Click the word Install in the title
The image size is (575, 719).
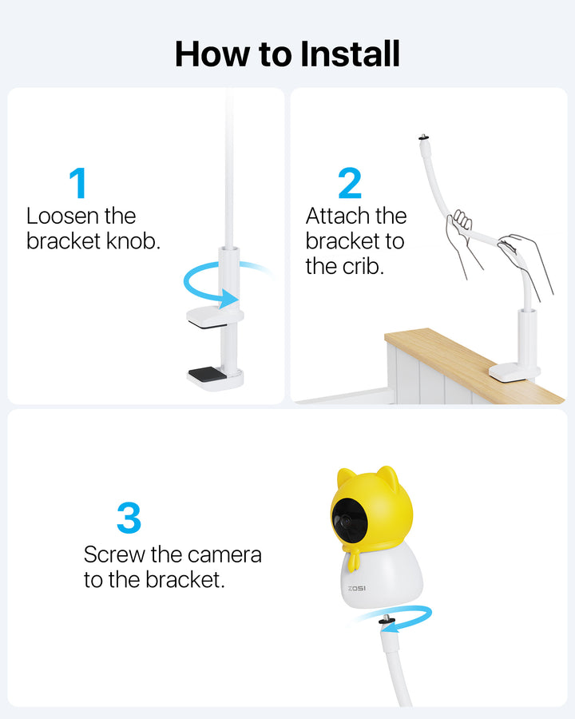[351, 54]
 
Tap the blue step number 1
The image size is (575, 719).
[78, 182]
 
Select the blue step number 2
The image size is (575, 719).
[350, 183]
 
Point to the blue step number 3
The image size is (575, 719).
[129, 518]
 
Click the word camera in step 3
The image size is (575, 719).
[224, 555]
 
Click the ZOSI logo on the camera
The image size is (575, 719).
[357, 588]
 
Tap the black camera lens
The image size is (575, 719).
[348, 520]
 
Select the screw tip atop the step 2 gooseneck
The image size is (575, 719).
[422, 137]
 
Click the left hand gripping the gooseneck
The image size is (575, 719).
[462, 238]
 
